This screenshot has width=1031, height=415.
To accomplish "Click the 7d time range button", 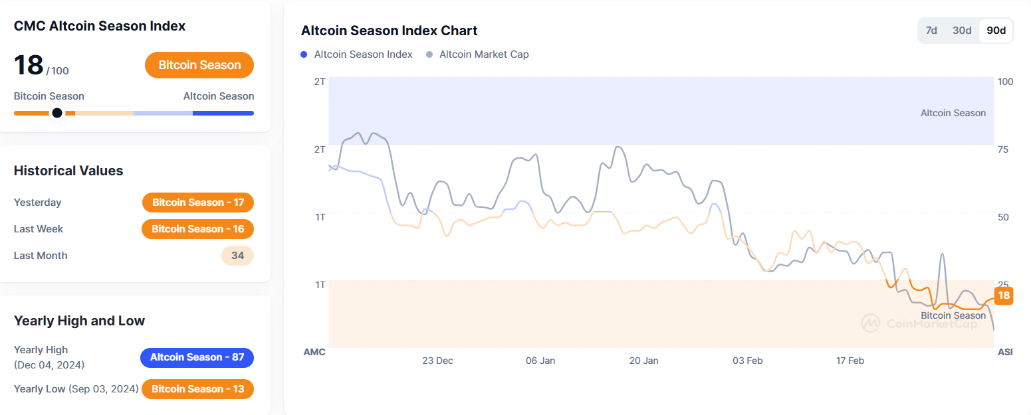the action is click(x=931, y=31).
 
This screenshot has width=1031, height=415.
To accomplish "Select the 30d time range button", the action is click(x=961, y=31).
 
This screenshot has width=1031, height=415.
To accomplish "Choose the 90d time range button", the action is click(x=996, y=31).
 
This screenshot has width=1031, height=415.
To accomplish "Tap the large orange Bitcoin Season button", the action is click(x=199, y=65).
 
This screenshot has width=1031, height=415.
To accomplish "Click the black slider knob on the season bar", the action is click(x=57, y=113).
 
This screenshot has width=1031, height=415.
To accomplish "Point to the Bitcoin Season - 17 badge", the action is click(x=198, y=203).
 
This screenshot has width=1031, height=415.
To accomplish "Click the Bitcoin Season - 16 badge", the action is click(x=198, y=229).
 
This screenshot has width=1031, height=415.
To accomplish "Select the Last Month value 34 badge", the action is click(x=237, y=256).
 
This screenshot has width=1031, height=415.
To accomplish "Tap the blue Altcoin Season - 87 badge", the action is click(x=197, y=357).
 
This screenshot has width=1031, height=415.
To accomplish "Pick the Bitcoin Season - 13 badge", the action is click(x=198, y=389).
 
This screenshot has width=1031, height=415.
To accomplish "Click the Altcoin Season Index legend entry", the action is click(x=357, y=54).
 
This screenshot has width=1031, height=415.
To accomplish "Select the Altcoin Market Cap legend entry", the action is click(x=478, y=54).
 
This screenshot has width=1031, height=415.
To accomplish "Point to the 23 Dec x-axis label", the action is click(x=437, y=361).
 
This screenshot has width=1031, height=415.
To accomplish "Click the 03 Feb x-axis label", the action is click(x=747, y=361).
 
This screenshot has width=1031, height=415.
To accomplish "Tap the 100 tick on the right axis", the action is click(x=1005, y=82).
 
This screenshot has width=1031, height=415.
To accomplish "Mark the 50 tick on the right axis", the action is click(x=1003, y=217).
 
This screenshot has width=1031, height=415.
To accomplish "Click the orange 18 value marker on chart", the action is click(x=1004, y=295).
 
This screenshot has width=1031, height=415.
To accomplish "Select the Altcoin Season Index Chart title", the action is click(x=389, y=31).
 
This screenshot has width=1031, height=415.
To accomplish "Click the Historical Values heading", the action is click(x=68, y=171).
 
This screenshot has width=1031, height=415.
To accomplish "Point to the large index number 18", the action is click(x=29, y=65).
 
